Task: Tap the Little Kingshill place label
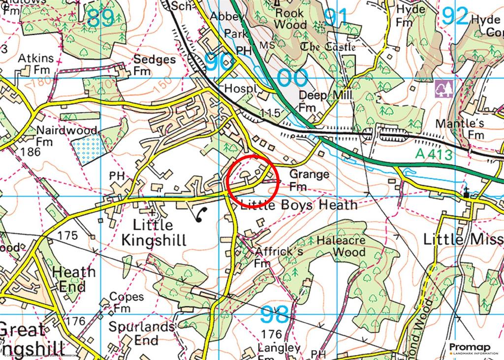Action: click(x=154, y=232)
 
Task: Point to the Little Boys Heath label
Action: click(x=298, y=204)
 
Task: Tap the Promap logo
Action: click(x=470, y=348)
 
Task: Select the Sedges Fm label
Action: click(x=154, y=65)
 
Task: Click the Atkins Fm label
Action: click(x=35, y=65)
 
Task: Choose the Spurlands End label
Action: click(x=141, y=333)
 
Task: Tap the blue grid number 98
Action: click(x=274, y=313)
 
